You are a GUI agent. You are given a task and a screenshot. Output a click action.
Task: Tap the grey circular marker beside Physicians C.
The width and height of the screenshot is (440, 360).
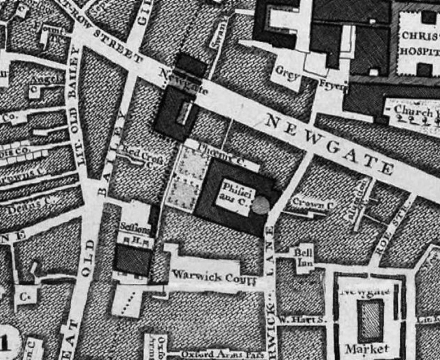[x=261, y=205]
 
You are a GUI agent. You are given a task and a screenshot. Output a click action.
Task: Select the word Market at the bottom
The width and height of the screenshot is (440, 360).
[x=367, y=348]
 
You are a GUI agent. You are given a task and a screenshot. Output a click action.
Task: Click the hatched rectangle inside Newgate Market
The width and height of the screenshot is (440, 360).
[x=370, y=320]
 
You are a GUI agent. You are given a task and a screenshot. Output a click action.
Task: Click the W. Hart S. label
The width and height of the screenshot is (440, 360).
[x=303, y=320]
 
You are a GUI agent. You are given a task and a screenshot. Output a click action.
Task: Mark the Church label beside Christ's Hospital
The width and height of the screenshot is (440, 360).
[x=413, y=111]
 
